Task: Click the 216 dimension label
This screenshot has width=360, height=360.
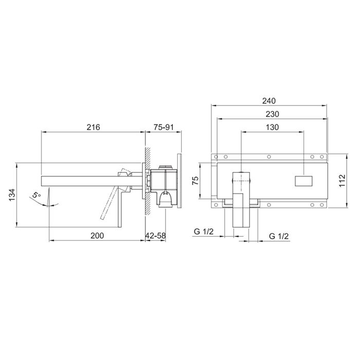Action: point(93,127)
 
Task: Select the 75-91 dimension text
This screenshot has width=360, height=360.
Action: point(164,127)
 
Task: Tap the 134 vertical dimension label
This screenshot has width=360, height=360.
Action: point(12,195)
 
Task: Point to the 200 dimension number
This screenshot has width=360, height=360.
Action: point(97,236)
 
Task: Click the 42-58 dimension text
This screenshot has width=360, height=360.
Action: point(156,236)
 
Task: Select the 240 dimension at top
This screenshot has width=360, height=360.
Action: point(269,101)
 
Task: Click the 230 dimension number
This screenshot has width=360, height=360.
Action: point(272,114)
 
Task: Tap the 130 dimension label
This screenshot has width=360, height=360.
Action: point(272,127)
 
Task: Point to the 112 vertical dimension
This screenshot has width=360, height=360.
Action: point(342,181)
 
